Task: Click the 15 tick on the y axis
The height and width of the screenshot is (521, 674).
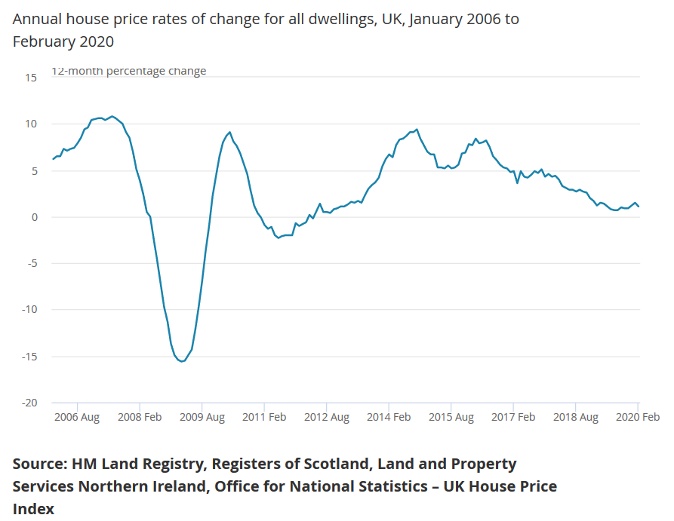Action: pos(30,78)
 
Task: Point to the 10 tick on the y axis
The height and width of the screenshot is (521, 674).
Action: pos(30,124)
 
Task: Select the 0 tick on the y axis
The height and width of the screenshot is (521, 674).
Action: pos(33,217)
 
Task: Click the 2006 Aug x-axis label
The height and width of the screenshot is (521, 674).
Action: pos(77,417)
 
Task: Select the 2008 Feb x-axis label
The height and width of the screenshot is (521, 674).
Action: pos(140,417)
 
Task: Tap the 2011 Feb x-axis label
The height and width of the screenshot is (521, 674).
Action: pos(264,417)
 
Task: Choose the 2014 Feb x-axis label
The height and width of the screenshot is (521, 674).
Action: pos(389,417)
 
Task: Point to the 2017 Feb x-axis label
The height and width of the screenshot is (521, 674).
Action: pos(513,417)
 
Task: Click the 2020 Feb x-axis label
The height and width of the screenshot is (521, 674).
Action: pos(637,417)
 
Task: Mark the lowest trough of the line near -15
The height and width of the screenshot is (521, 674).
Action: pos(181,361)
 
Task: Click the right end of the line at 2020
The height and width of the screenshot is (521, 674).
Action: pos(639,207)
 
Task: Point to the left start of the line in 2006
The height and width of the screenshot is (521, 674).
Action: pos(53,159)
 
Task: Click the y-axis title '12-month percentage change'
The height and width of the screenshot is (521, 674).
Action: pos(128,71)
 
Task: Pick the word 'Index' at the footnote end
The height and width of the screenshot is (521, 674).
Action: pos(33,509)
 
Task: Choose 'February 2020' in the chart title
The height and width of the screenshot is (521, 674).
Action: pos(63,41)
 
